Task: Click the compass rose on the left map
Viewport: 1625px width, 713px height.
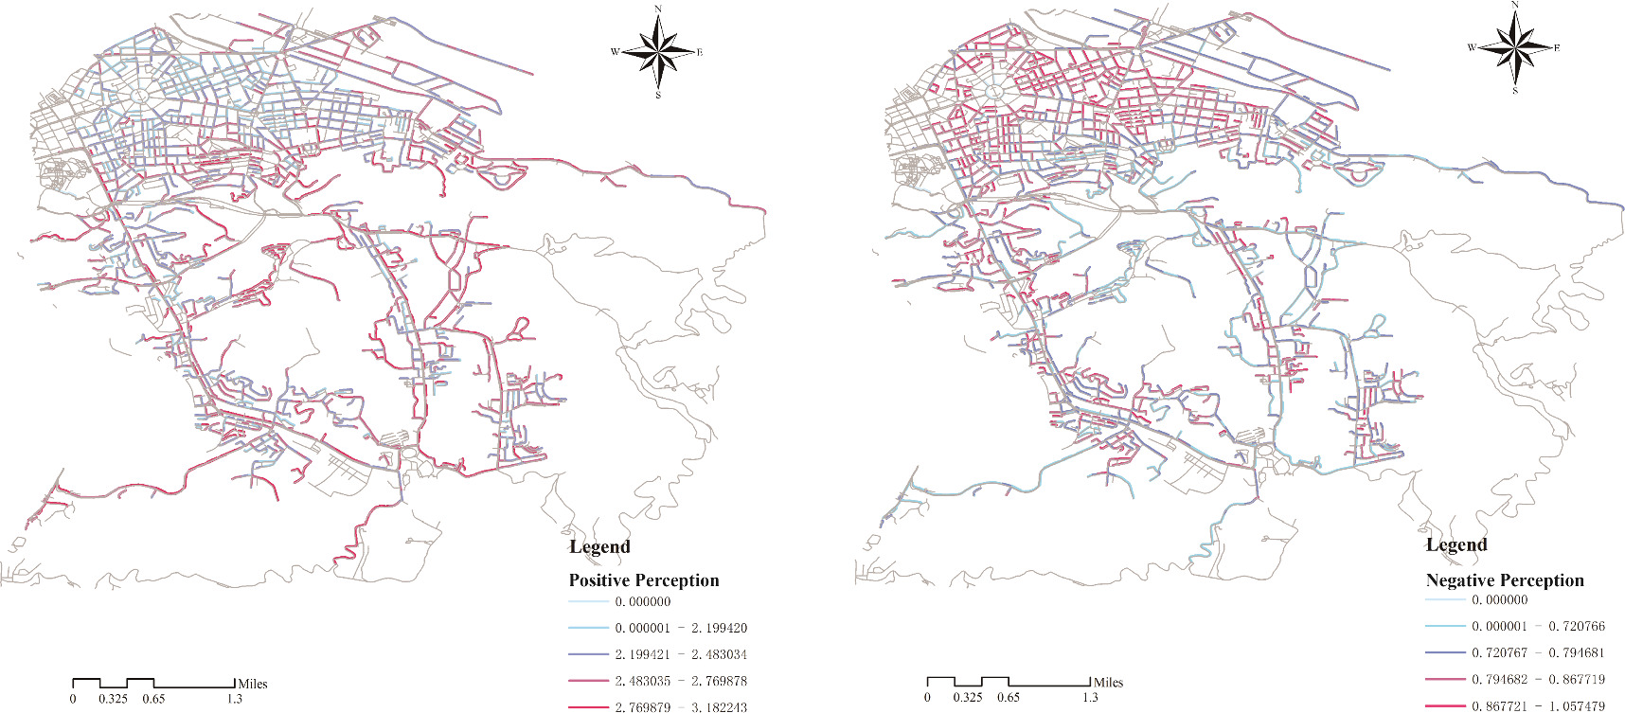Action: click(658, 51)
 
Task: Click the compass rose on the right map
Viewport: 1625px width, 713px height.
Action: click(1515, 46)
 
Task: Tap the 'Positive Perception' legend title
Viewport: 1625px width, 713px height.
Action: click(643, 580)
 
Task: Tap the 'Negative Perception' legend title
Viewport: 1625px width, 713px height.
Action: click(1504, 580)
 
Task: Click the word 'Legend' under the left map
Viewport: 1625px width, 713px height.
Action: click(598, 547)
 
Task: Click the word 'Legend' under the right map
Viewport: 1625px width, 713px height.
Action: click(1455, 545)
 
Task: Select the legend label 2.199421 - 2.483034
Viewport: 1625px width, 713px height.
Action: click(680, 654)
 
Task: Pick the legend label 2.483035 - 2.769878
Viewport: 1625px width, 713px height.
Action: click(680, 681)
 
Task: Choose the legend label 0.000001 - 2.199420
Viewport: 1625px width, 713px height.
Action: click(680, 628)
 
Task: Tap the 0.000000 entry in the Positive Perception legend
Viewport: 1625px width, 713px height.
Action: click(642, 601)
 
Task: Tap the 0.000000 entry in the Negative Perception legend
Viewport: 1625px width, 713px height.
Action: click(1499, 599)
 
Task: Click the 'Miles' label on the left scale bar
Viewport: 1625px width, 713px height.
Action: click(253, 684)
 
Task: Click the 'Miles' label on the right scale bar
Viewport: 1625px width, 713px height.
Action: click(1108, 682)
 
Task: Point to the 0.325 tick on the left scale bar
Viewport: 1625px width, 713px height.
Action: click(113, 699)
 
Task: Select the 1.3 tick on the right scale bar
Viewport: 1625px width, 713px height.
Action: click(1090, 697)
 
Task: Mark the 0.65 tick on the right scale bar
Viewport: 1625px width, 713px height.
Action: click(1009, 697)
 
